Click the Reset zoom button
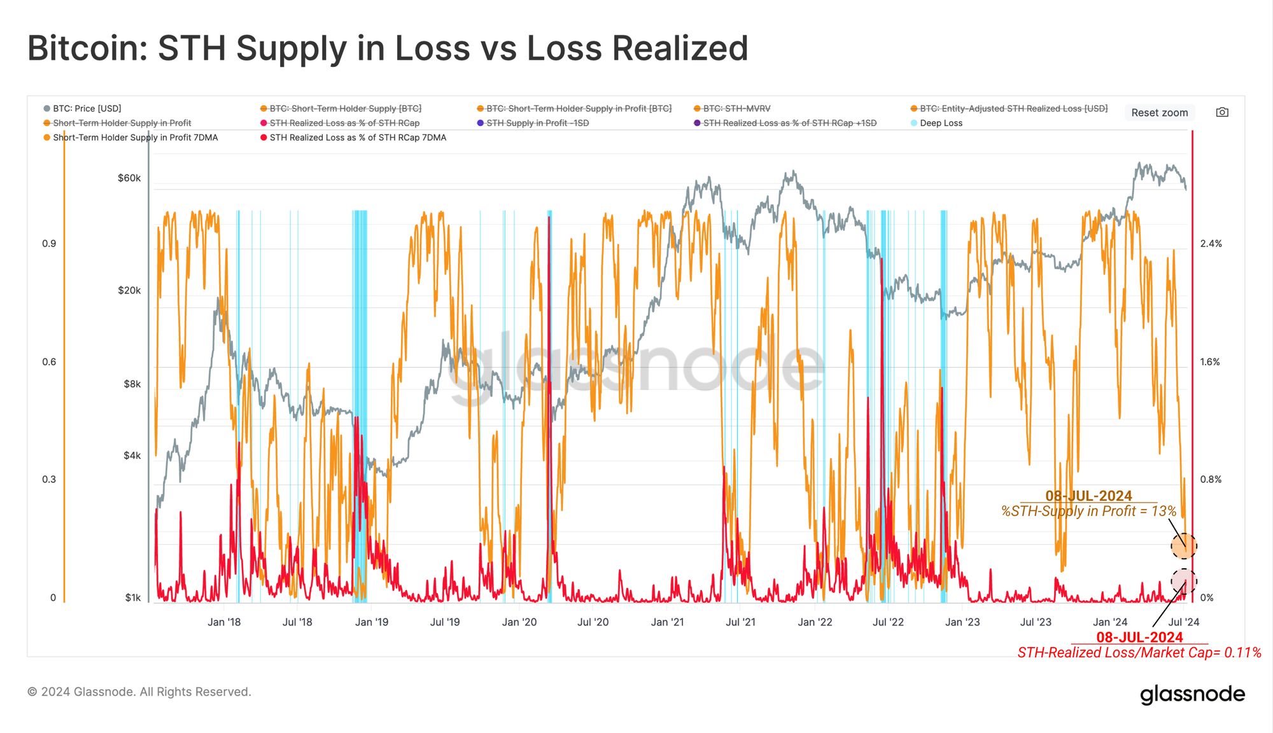pos(1159,113)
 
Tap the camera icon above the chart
pos(1222,113)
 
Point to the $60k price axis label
pos(129,178)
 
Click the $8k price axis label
pos(132,384)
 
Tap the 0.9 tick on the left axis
pos(49,244)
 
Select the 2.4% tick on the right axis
pos(1211,244)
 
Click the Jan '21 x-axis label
pos(667,622)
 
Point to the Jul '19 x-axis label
pos(445,622)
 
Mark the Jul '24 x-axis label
pos(1184,622)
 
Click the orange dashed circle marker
pos(1184,545)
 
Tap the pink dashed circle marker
pos(1184,581)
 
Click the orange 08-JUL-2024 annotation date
pos(1088,496)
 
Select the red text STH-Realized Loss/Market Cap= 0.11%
pos(1139,653)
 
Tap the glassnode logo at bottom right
pos(1192,694)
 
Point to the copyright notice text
pos(139,692)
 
